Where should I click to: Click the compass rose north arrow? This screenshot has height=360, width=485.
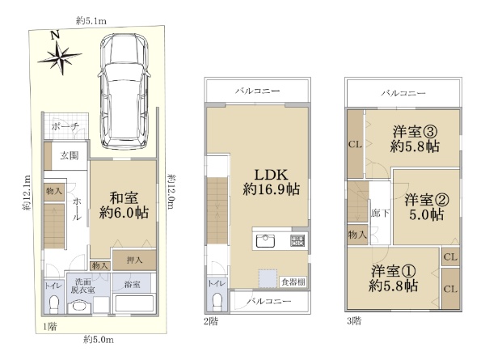tap(60, 56)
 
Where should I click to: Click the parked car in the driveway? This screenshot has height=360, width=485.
tap(124, 91)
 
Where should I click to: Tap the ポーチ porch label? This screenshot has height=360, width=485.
tap(65, 126)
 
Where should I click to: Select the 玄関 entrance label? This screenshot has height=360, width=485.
tap(70, 155)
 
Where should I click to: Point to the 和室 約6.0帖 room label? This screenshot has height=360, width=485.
tap(124, 205)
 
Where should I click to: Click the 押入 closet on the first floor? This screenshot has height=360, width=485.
tap(134, 260)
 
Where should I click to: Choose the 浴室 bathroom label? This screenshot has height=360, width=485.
tap(133, 284)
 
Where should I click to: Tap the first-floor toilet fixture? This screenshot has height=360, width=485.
tap(54, 304)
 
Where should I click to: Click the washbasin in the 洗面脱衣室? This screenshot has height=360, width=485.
tap(80, 307)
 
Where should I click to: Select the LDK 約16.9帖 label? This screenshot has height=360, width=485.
tap(272, 182)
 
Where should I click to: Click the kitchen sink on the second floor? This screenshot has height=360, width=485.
tap(266, 241)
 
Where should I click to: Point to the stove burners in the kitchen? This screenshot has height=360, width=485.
tap(297, 241)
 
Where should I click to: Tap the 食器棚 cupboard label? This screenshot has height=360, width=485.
tap(293, 282)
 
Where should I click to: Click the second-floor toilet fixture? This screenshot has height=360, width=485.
tap(218, 301)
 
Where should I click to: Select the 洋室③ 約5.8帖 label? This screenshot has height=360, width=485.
tap(415, 139)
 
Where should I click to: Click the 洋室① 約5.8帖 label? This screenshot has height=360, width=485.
tap(393, 278)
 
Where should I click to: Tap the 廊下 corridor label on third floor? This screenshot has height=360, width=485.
tap(380, 214)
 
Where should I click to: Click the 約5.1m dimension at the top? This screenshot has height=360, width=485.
tap(91, 21)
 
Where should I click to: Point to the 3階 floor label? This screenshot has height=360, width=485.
tap(354, 321)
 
